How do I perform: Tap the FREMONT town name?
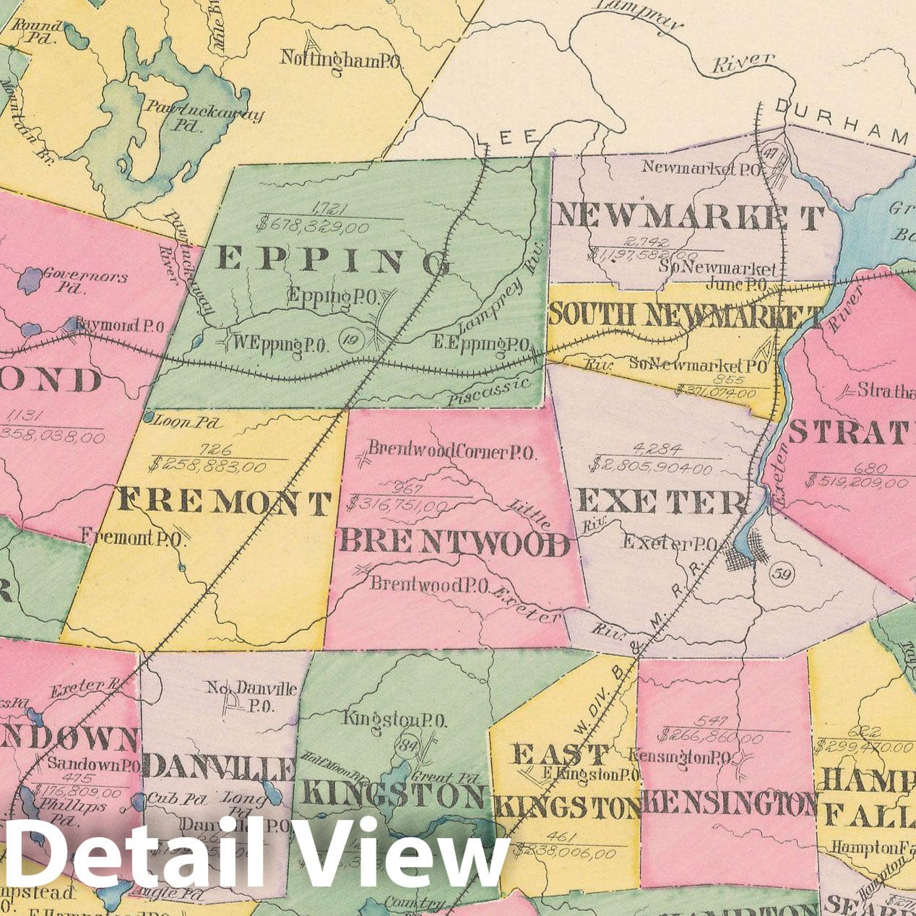pyautogui.click(x=225, y=501)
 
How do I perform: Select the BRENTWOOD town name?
pyautogui.click(x=454, y=543)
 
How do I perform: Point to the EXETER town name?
pyautogui.click(x=660, y=501)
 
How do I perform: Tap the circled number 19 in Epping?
pyautogui.click(x=351, y=337)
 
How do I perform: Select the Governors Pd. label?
pyautogui.click(x=85, y=282)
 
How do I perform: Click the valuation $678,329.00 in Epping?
pyautogui.click(x=313, y=227)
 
